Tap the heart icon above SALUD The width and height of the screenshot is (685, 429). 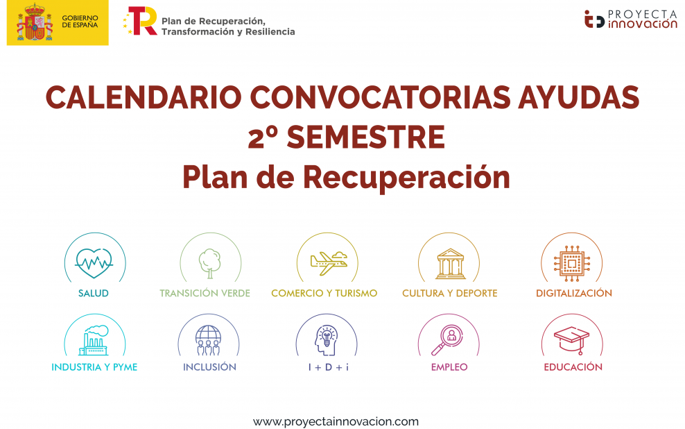click(94, 263)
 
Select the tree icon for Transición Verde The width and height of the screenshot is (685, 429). click(210, 264)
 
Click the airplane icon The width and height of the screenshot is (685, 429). click(329, 263)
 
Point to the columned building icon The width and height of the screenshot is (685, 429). click(451, 264)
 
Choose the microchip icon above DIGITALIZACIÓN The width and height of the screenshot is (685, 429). click(572, 263)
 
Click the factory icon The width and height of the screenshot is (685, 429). click(94, 340)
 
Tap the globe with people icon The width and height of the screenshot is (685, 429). click(209, 340)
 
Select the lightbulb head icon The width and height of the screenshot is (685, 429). click(327, 340)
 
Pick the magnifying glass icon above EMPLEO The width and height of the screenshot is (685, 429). click(447, 340)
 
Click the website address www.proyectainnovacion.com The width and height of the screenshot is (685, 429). click(336, 422)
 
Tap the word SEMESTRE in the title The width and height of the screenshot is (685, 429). click(365, 137)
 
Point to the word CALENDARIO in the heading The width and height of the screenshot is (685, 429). click(144, 97)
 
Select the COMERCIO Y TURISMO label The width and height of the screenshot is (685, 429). click(324, 293)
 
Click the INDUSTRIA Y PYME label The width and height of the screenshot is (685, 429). click(94, 367)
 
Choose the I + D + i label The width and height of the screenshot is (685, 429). click(329, 367)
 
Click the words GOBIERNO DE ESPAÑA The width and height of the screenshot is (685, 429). click(80, 22)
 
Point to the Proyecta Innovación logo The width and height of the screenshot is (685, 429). click(631, 19)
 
